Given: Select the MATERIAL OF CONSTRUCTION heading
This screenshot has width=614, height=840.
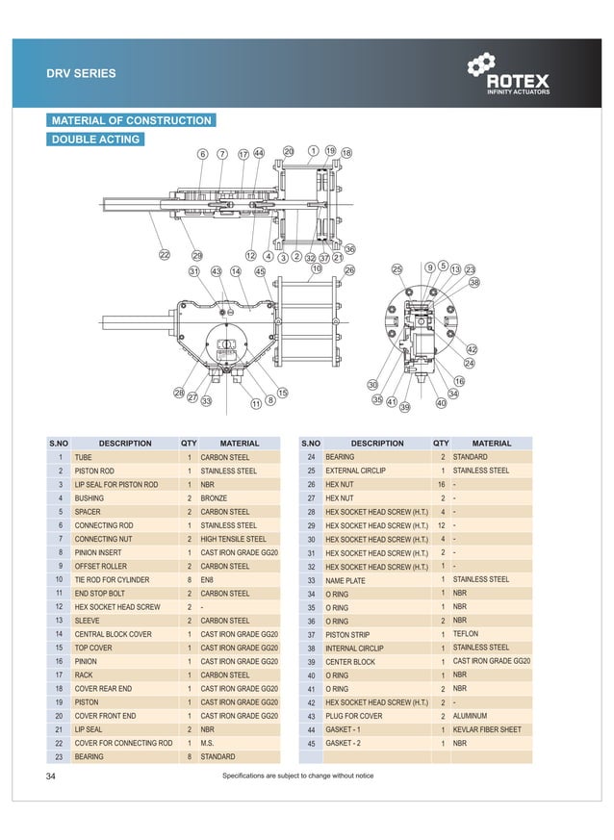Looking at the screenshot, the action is (x=131, y=120).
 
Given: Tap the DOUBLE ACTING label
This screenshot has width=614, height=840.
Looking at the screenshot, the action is (x=95, y=140).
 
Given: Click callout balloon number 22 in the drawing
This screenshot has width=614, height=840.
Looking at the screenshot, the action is (x=165, y=255).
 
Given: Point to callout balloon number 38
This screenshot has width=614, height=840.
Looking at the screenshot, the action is (x=474, y=282).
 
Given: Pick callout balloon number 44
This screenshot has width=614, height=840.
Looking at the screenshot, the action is (x=259, y=153).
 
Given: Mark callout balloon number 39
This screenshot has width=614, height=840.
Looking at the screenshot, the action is (x=404, y=408).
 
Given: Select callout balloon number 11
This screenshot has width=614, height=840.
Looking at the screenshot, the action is (x=256, y=404).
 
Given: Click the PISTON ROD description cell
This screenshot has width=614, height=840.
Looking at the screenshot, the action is (x=95, y=471).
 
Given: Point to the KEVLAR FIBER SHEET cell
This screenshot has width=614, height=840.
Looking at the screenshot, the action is (x=487, y=729).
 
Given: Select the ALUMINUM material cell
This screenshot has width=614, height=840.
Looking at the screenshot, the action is (x=470, y=716).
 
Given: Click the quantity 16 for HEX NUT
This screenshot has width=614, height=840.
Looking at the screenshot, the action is (x=440, y=485).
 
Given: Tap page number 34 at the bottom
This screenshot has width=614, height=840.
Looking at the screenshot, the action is (x=51, y=776).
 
